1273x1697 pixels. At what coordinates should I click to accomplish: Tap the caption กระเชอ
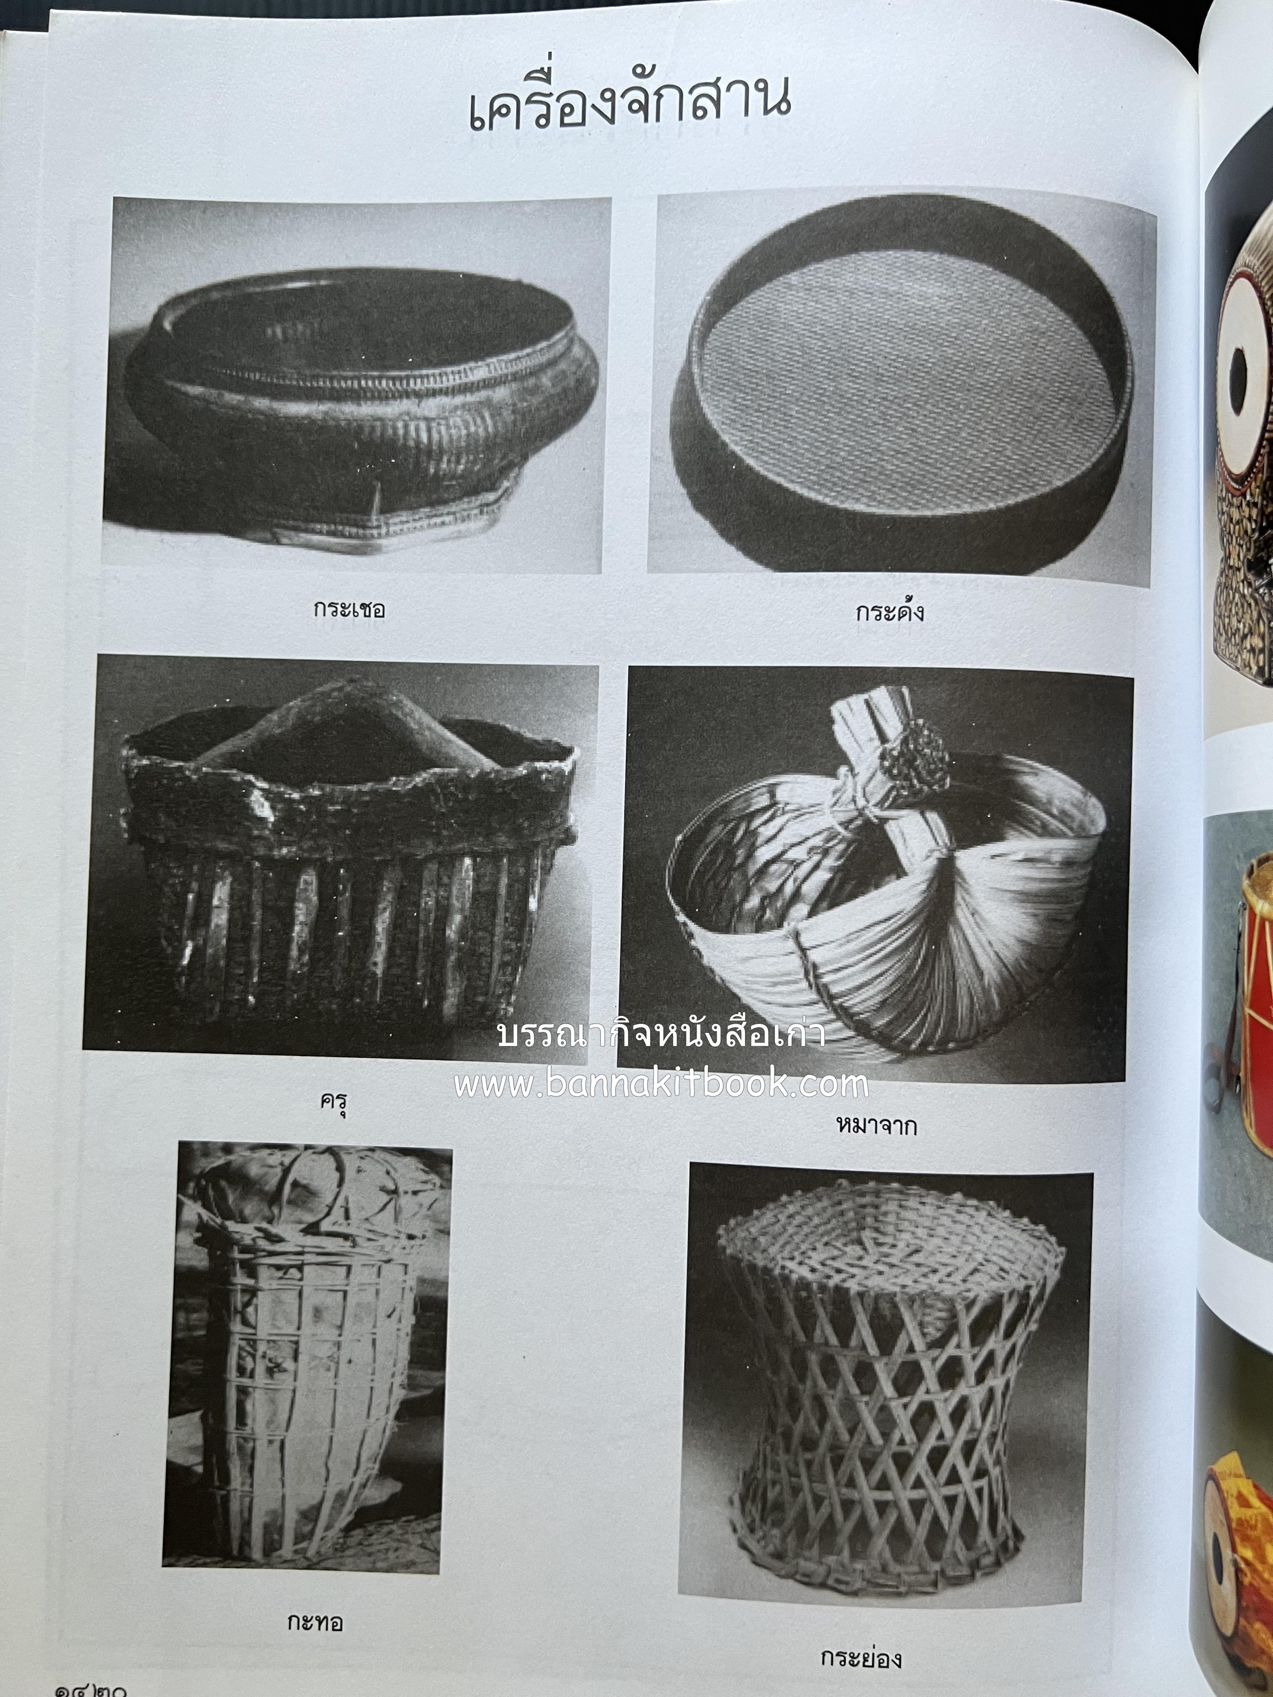[x=349, y=610]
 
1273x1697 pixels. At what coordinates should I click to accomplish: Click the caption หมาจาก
[x=877, y=1125]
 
